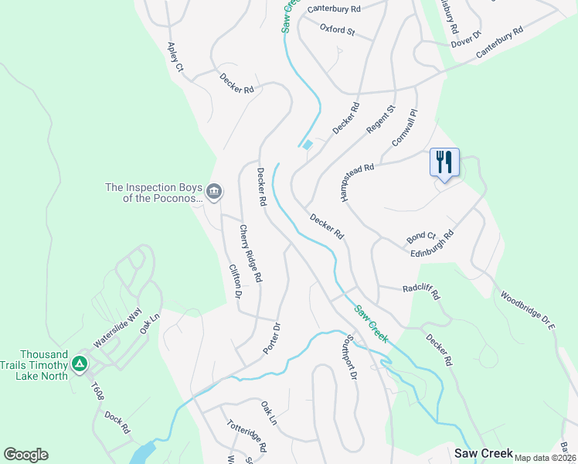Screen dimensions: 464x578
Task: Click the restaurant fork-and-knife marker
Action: pyautogui.click(x=444, y=162)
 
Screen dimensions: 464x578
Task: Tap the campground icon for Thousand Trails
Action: pyautogui.click(x=78, y=363)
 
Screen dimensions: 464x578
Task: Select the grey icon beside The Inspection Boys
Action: pyautogui.click(x=215, y=191)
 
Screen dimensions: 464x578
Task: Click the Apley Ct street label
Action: pyautogui.click(x=174, y=58)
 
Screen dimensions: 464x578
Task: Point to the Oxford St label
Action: pyautogui.click(x=336, y=31)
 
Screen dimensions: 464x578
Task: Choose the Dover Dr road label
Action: pyautogui.click(x=466, y=40)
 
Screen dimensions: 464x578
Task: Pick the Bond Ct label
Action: pyautogui.click(x=421, y=236)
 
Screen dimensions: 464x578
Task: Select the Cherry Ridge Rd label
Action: pyautogui.click(x=251, y=253)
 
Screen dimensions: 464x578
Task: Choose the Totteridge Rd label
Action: pyautogui.click(x=246, y=436)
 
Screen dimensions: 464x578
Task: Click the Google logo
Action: pyautogui.click(x=25, y=455)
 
